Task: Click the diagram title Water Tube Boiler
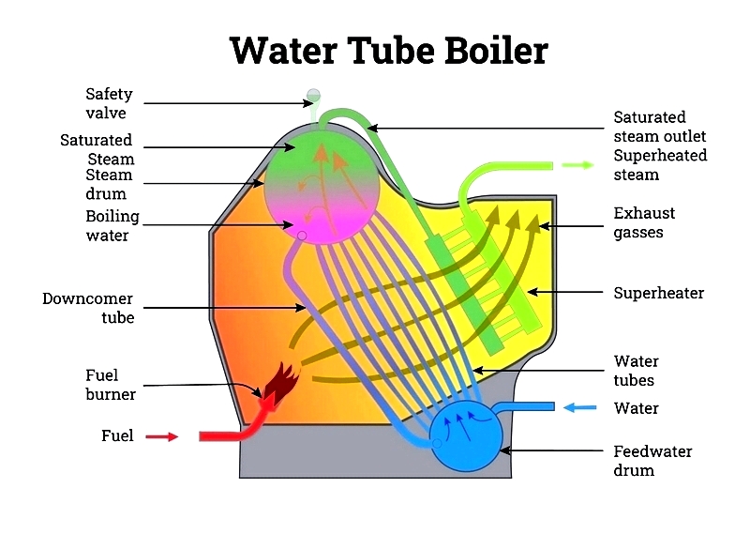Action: (x=389, y=51)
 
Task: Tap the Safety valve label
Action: (x=109, y=103)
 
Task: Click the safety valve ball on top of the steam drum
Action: (x=313, y=95)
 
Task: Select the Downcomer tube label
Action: (x=88, y=308)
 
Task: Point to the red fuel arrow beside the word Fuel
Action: (x=161, y=436)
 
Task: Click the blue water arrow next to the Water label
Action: (x=579, y=407)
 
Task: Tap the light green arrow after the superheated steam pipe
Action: (x=577, y=165)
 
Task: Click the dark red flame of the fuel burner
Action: (x=282, y=381)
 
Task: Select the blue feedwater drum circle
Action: (x=466, y=435)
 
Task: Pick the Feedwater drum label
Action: (x=652, y=461)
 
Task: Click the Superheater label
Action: (x=659, y=293)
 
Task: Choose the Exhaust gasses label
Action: (x=644, y=222)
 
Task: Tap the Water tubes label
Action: (x=636, y=370)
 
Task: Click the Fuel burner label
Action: (x=111, y=385)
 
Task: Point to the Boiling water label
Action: (x=112, y=226)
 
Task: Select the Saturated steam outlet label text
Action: (x=660, y=127)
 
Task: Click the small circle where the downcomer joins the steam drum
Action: (x=302, y=236)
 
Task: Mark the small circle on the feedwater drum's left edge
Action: (x=437, y=444)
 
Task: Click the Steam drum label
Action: (x=109, y=184)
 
